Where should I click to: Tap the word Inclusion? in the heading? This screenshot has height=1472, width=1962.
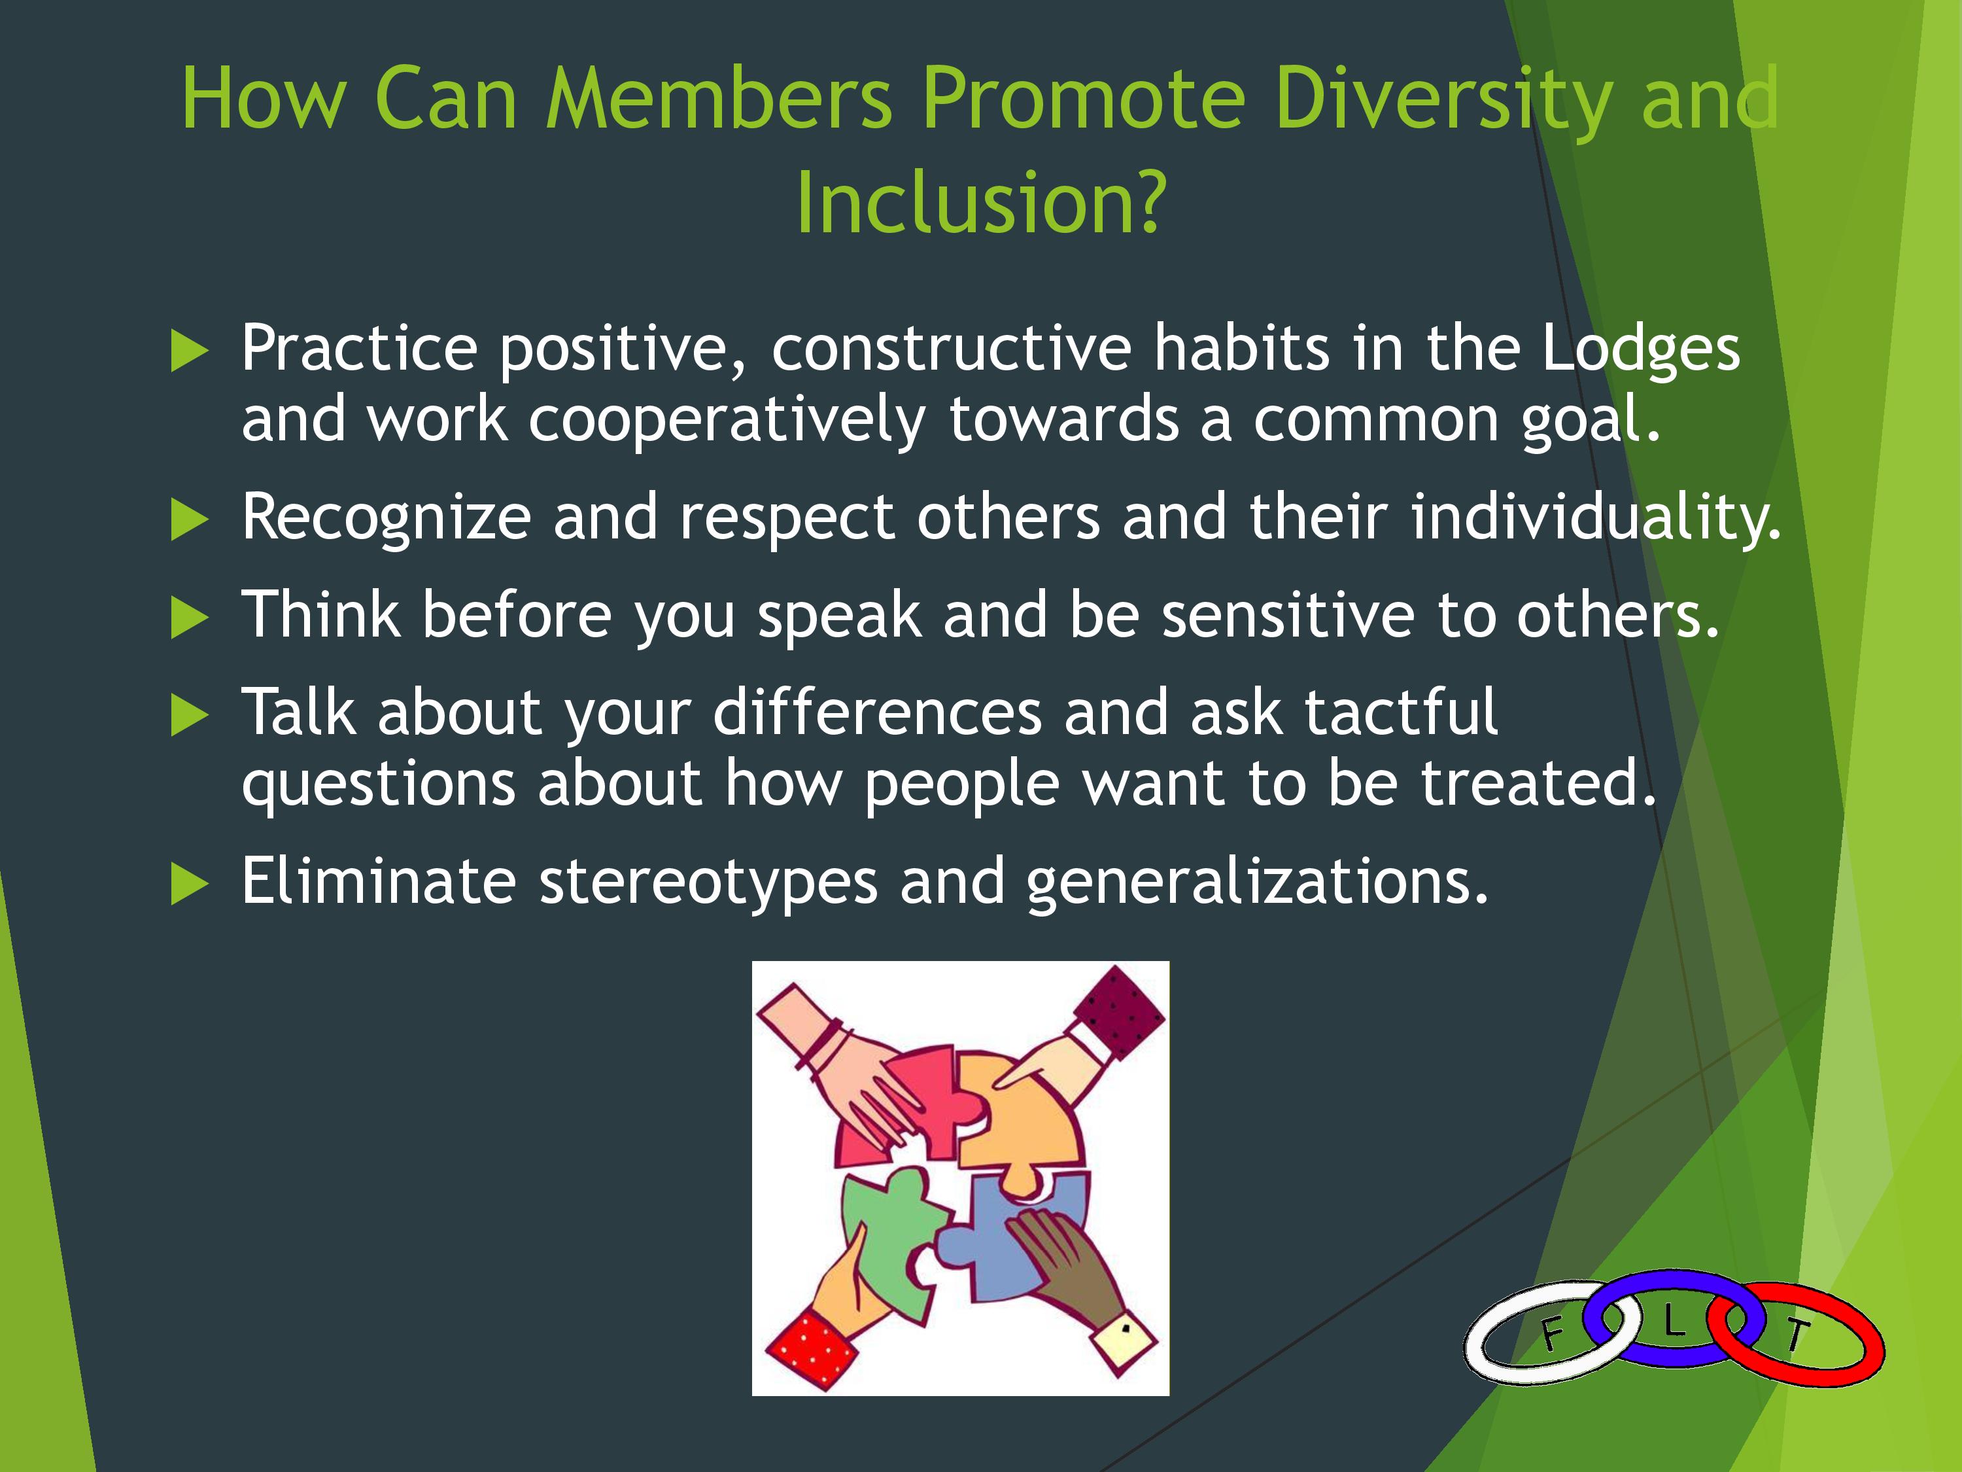[x=980, y=202]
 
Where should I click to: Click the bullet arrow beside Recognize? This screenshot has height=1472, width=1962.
[x=189, y=520]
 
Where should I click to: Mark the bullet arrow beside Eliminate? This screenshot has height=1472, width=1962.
[x=189, y=885]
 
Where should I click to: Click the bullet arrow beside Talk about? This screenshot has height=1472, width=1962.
[x=189, y=716]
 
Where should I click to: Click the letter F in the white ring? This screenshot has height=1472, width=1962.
[x=1551, y=1333]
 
